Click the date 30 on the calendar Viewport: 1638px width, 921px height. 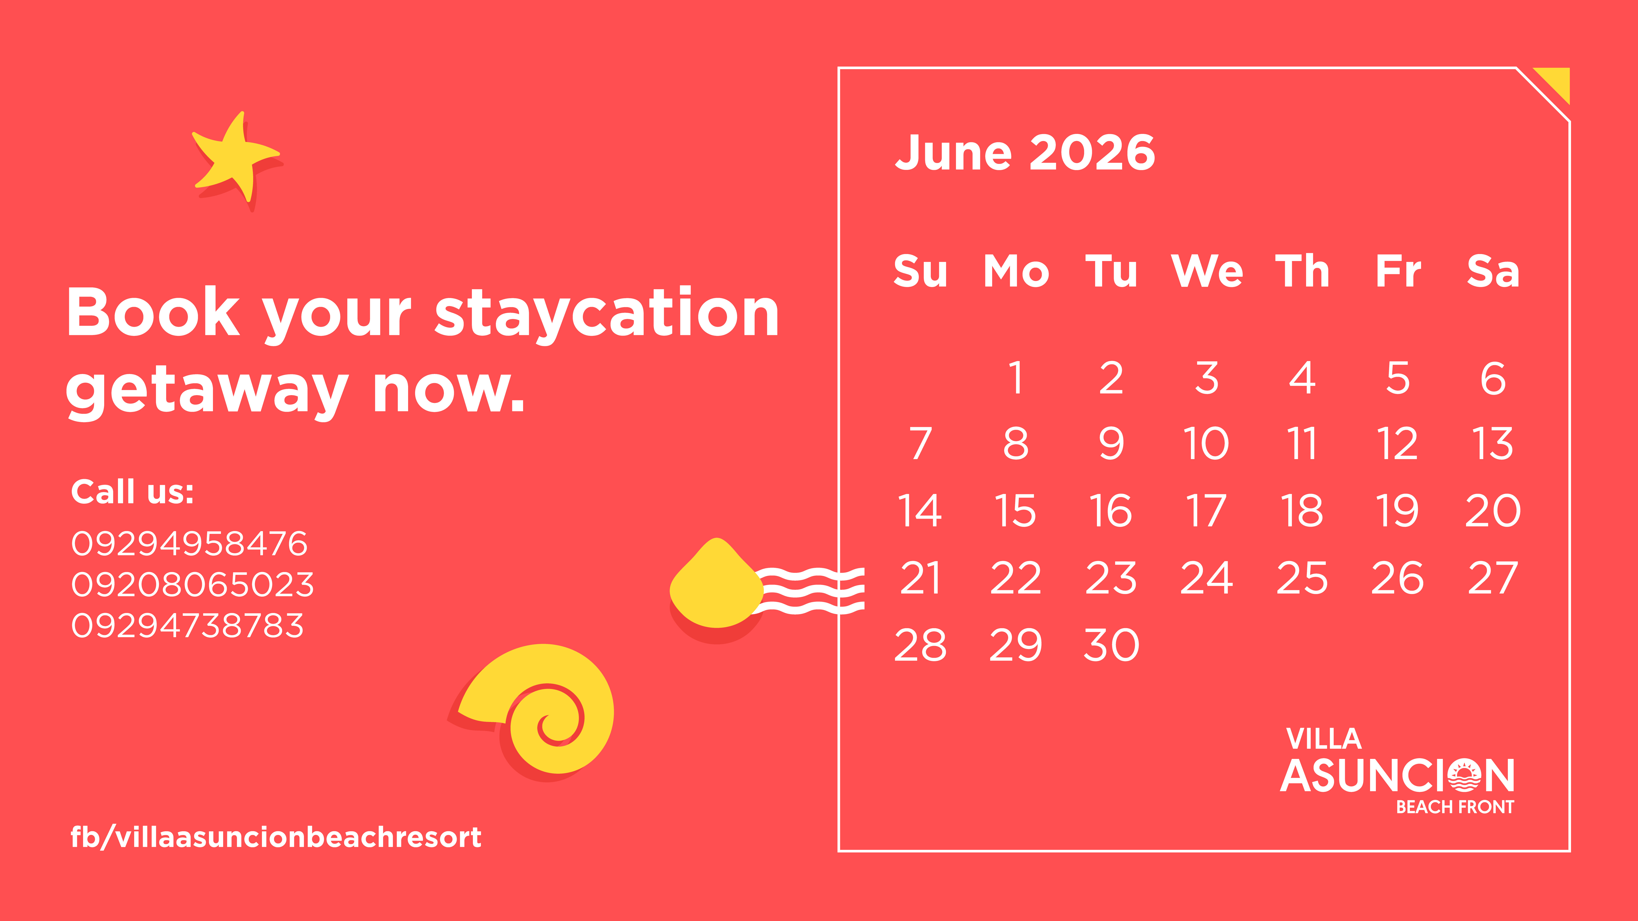click(1112, 645)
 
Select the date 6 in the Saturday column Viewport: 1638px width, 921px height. click(1493, 378)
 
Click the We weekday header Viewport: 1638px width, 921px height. click(1207, 271)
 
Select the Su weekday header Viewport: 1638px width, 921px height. click(920, 271)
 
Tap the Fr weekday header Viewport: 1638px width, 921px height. click(1398, 271)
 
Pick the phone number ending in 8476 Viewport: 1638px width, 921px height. click(190, 543)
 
